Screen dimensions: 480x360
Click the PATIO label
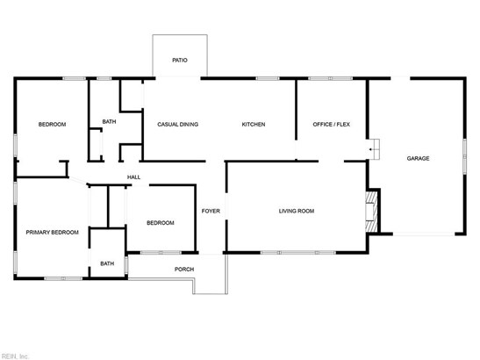180,60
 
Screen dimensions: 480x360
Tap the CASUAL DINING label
177,124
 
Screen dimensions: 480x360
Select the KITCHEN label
254,124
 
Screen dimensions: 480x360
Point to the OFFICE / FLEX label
331,124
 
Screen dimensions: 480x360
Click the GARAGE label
418,158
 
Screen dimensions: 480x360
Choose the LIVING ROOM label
297,211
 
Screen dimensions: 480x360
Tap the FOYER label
211,211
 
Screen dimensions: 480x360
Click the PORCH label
184,269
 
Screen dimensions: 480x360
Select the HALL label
133,176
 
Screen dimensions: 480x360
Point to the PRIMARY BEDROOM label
52,232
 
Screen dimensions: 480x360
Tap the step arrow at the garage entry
370,149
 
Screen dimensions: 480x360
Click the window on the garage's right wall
464,156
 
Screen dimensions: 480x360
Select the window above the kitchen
268,78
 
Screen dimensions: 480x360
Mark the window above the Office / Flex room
330,78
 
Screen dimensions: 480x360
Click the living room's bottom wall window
298,253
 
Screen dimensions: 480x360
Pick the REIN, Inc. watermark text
14,356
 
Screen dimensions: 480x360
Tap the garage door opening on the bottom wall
424,234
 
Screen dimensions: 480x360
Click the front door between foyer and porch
211,254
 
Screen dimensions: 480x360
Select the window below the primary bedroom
63,278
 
